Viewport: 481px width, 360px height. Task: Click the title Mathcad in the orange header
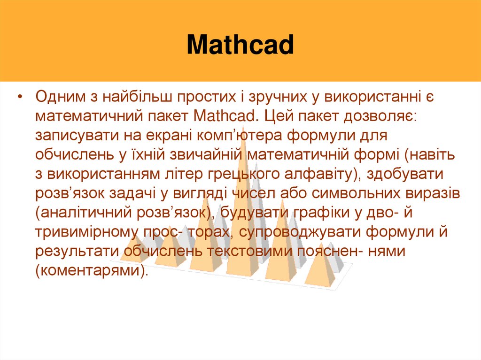click(240, 46)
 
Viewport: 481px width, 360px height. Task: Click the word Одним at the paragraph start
click(59, 97)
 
